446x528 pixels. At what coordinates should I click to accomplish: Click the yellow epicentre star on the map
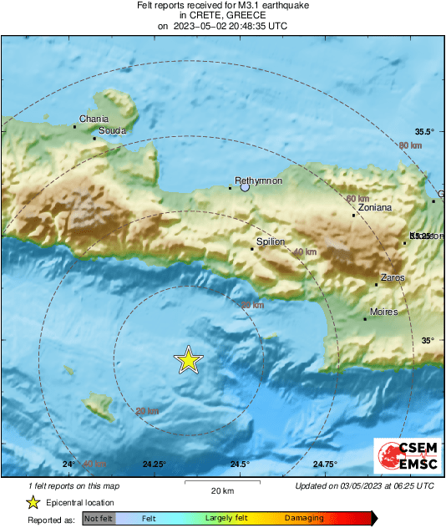[189, 360]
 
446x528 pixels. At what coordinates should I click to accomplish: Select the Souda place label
[112, 131]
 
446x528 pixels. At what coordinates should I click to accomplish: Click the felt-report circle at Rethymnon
[245, 188]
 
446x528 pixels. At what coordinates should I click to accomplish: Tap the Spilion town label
[271, 241]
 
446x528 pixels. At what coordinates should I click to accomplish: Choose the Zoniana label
[374, 208]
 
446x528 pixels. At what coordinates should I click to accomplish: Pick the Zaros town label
[392, 277]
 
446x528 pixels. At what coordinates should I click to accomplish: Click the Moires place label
[384, 312]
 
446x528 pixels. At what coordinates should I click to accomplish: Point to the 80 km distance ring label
[410, 146]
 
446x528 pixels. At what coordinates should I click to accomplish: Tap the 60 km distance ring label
[357, 198]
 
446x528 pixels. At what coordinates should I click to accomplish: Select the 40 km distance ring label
[306, 251]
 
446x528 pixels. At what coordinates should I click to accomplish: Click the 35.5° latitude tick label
[425, 132]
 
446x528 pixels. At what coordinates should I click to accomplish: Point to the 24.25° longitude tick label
[154, 465]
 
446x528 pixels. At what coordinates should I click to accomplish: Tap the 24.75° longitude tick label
[325, 465]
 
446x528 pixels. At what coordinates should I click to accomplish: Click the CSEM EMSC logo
[403, 457]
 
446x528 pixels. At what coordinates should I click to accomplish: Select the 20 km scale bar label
[221, 490]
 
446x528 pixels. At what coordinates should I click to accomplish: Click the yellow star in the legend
[33, 502]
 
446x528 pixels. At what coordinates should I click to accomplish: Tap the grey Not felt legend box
[99, 519]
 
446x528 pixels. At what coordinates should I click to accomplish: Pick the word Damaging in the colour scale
[304, 519]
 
